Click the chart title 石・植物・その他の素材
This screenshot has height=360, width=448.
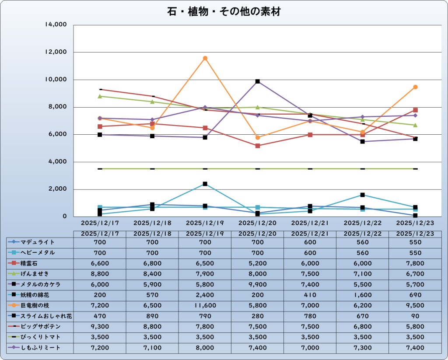(224, 12)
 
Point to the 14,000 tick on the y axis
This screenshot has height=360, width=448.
(56, 25)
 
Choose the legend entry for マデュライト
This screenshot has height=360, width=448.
(38, 242)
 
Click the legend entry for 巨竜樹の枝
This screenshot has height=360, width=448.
(38, 305)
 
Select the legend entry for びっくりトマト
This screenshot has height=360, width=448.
(40, 337)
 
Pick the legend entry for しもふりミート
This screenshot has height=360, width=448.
(40, 348)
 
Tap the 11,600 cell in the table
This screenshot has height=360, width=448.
(205, 305)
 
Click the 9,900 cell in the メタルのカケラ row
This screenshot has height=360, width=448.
(257, 284)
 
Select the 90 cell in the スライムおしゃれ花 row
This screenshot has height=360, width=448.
(415, 316)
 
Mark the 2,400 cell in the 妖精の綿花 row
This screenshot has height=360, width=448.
(205, 295)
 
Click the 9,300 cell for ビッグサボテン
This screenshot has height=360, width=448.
(100, 327)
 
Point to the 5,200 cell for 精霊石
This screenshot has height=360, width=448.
(257, 263)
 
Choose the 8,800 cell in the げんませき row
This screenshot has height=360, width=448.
(100, 274)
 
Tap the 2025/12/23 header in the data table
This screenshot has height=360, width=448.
(415, 234)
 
